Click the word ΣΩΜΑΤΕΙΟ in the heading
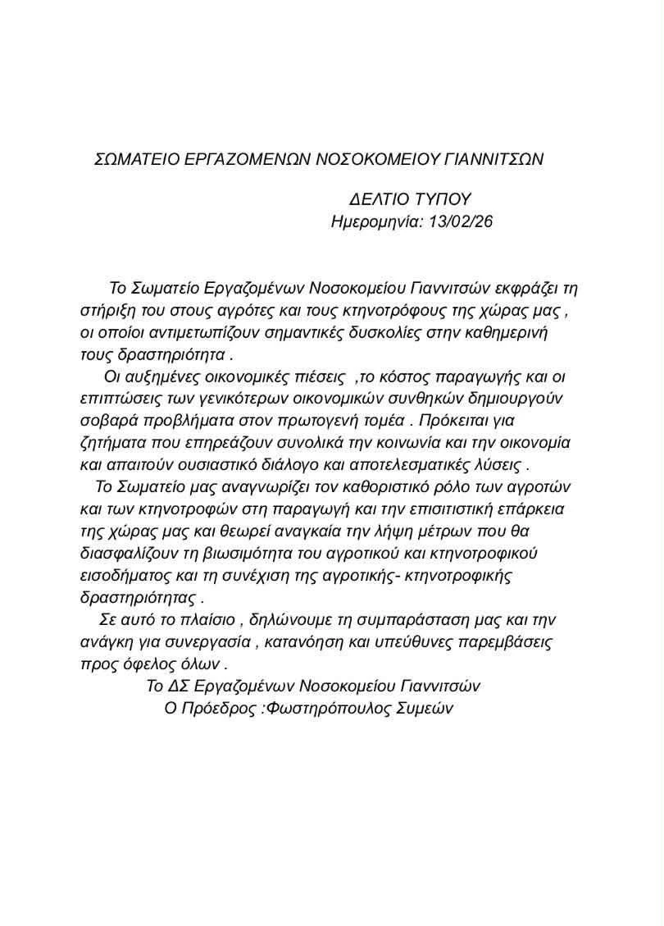coord(136,159)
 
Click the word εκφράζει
coord(529,289)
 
